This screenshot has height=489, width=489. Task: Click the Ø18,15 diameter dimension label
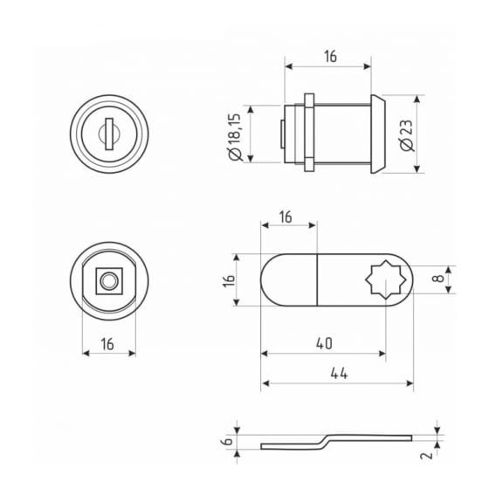(235, 137)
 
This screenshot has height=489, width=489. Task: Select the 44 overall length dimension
(339, 373)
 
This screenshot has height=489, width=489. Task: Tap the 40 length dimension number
(324, 344)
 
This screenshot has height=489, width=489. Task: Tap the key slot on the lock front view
(109, 134)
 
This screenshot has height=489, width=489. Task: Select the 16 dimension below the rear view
(107, 344)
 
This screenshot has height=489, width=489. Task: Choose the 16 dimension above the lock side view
(330, 56)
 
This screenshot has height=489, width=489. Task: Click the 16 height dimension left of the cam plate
(229, 280)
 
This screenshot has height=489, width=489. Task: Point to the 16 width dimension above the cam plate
(286, 217)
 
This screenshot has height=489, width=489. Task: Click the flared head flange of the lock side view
(378, 134)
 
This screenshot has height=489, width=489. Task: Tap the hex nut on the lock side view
(309, 132)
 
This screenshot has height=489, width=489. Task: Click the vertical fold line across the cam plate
(317, 280)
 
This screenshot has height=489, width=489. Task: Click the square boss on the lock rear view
(109, 281)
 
